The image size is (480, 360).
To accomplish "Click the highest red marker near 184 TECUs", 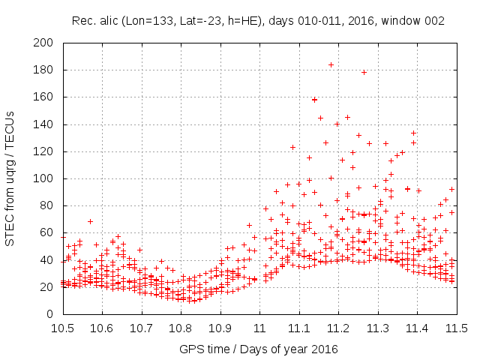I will coord(331,64).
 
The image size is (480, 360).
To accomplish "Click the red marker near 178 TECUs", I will coord(364,73).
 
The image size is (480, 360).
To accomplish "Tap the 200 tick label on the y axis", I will coord(46,43).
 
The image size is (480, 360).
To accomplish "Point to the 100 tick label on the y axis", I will coord(46,178).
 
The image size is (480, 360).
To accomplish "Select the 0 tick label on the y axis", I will coord(52,314).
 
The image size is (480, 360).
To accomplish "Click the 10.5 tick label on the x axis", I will coord(62,328).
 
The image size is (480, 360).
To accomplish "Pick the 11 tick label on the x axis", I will coord(259,328).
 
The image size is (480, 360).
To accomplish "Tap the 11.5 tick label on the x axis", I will coord(456,328).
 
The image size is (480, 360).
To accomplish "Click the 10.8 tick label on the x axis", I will coord(181,328).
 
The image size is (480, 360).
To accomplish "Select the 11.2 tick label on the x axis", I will coord(338,328).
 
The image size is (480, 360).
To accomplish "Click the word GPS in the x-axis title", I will coord(190,349).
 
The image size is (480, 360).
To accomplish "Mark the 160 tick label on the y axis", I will coord(46,97).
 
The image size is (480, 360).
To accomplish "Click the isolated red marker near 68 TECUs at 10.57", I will coord(90,221).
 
